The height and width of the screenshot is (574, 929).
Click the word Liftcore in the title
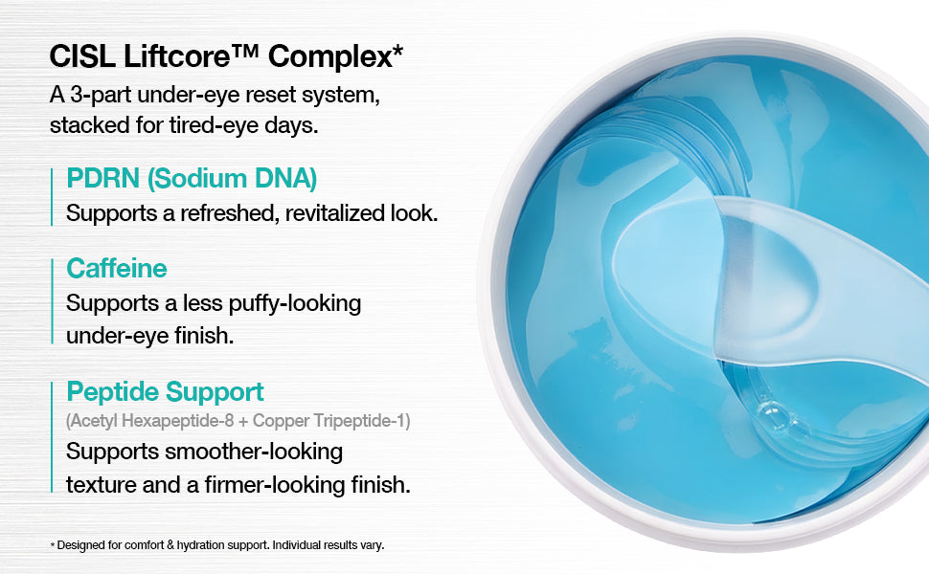tap(176, 56)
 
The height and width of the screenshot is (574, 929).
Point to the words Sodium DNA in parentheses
tap(232, 179)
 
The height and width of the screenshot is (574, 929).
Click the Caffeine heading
tap(117, 269)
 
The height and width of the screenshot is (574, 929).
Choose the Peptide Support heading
tap(166, 392)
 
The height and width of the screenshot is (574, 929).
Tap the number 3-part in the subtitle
tap(100, 96)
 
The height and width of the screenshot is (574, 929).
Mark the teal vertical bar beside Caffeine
tap(52, 301)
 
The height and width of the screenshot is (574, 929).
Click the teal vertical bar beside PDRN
tap(52, 197)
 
